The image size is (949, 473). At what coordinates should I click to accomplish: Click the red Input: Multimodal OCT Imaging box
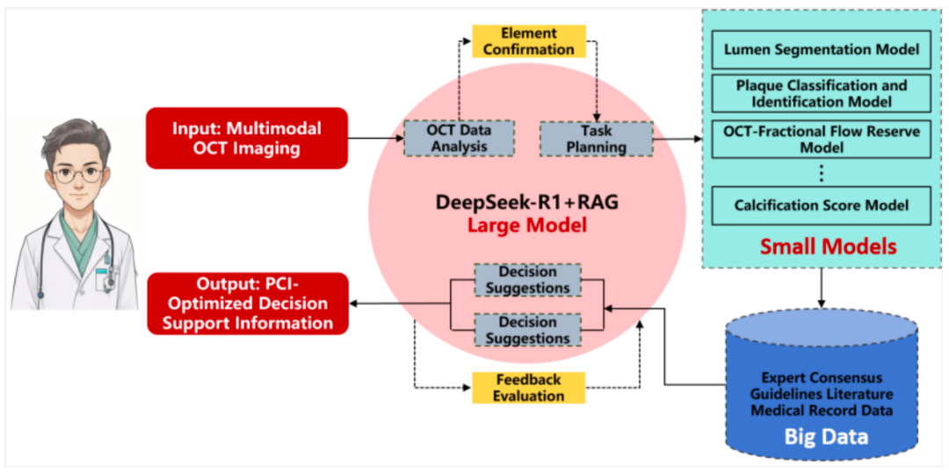(247, 138)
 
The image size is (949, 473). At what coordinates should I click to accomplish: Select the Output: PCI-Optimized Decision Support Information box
(248, 304)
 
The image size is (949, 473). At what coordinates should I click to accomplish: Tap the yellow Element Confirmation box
(529, 41)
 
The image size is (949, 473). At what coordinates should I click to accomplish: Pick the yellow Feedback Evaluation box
(529, 389)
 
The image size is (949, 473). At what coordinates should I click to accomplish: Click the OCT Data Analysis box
(459, 138)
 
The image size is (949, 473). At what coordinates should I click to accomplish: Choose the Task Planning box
(596, 138)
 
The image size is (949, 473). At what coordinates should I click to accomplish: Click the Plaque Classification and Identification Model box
(822, 93)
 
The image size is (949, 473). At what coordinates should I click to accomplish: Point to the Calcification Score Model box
(822, 206)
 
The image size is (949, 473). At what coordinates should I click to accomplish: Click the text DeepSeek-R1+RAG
(527, 202)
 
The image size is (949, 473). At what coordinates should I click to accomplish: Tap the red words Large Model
(527, 227)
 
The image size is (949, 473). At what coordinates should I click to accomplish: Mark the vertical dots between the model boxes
(822, 173)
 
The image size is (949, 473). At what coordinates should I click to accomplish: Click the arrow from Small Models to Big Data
(822, 287)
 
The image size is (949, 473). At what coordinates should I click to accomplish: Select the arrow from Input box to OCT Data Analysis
(376, 138)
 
